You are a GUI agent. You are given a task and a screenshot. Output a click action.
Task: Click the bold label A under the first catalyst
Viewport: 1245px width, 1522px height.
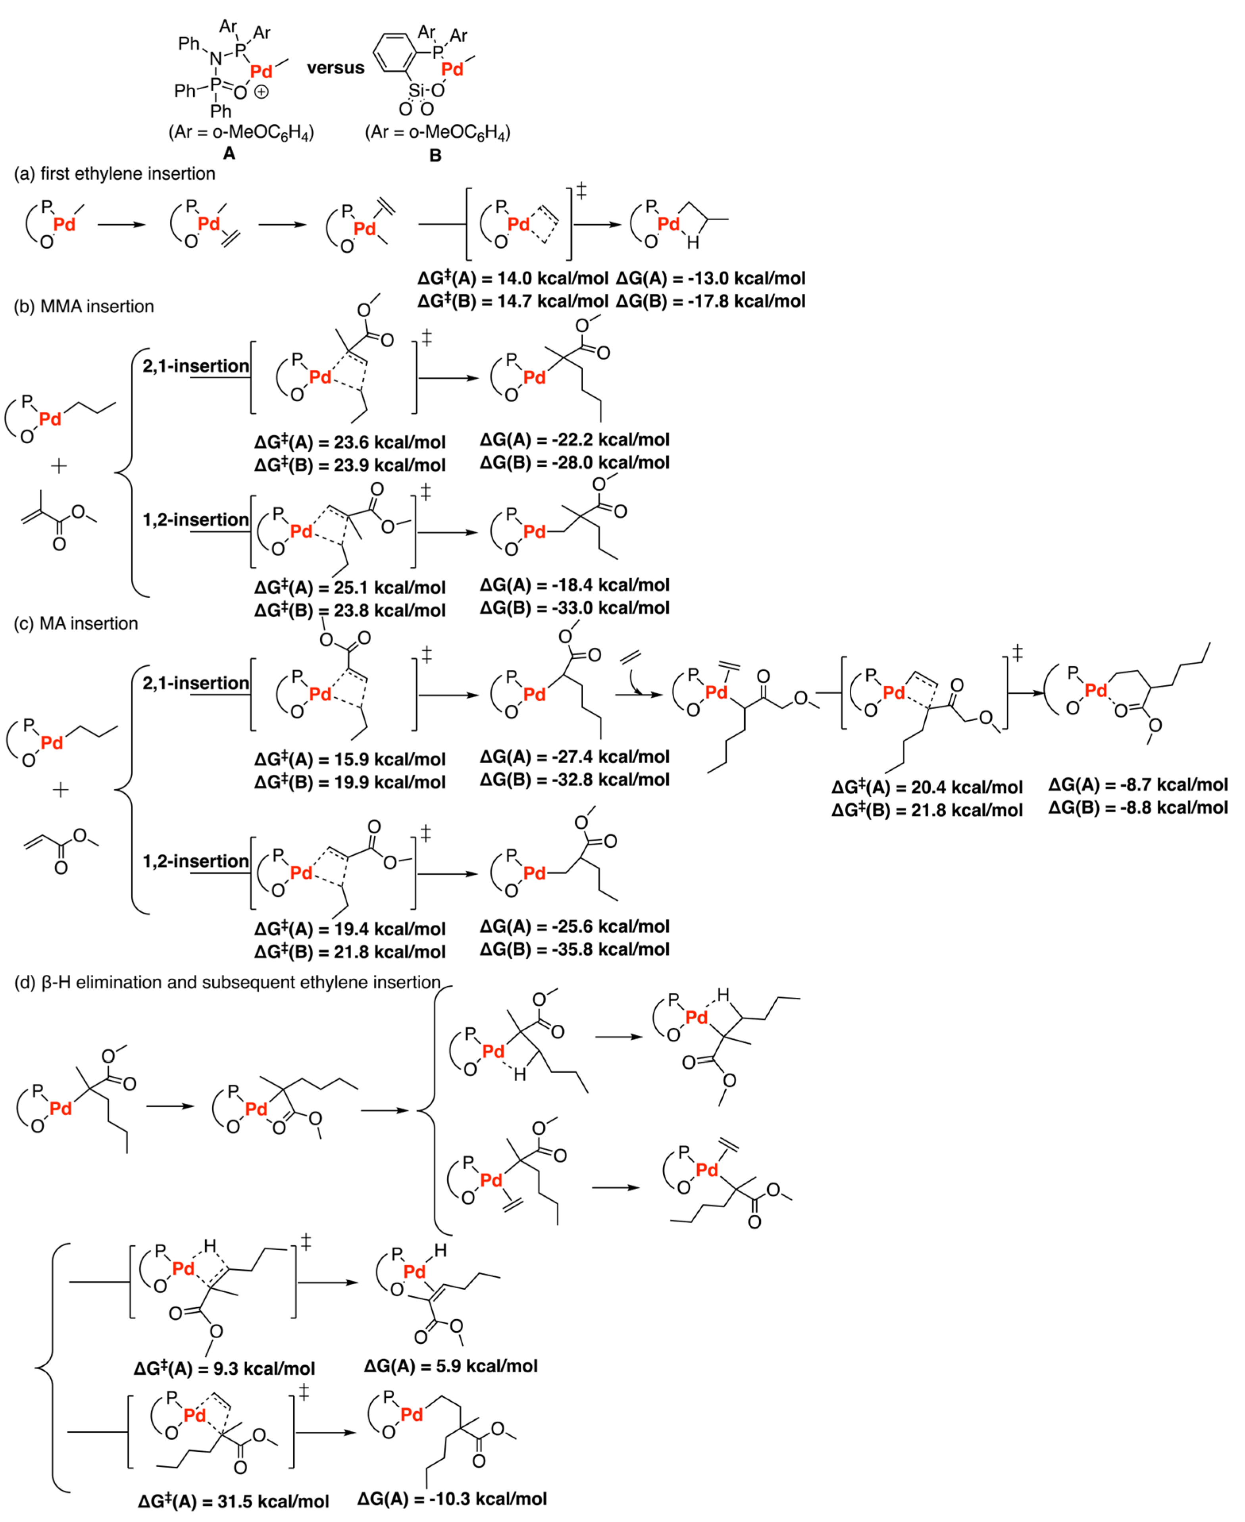click(x=229, y=154)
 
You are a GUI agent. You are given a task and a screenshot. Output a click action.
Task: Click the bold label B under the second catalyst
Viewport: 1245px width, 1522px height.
click(x=435, y=155)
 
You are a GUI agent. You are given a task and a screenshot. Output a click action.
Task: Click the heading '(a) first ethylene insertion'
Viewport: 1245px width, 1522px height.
click(x=115, y=173)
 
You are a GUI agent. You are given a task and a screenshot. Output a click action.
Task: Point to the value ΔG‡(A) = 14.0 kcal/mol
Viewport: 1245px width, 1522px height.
click(x=513, y=278)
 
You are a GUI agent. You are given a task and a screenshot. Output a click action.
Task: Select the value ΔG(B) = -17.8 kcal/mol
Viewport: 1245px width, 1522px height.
click(x=710, y=301)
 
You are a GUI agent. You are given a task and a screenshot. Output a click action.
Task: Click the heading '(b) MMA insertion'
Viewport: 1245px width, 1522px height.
click(x=84, y=306)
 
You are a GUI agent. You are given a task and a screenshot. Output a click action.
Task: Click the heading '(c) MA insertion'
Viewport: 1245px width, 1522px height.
click(x=76, y=623)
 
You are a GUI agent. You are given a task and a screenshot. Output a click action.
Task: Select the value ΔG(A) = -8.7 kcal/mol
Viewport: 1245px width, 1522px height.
click(x=1137, y=785)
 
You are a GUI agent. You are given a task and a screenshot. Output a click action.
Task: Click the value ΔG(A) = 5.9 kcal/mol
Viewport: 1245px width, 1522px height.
click(x=450, y=1366)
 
